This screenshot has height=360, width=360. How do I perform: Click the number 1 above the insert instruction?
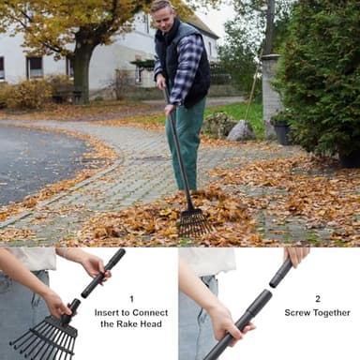(x=131, y=299)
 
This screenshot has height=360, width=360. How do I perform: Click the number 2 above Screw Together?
(x=317, y=299)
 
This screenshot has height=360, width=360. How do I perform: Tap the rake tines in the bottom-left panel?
(x=42, y=342)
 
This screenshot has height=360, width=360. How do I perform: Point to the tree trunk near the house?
(x=82, y=75)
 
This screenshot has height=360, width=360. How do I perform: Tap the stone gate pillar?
(x=271, y=89)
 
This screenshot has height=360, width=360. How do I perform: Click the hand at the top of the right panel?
(x=296, y=255)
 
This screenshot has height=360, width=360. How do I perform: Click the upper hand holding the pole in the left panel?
(x=94, y=266)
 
